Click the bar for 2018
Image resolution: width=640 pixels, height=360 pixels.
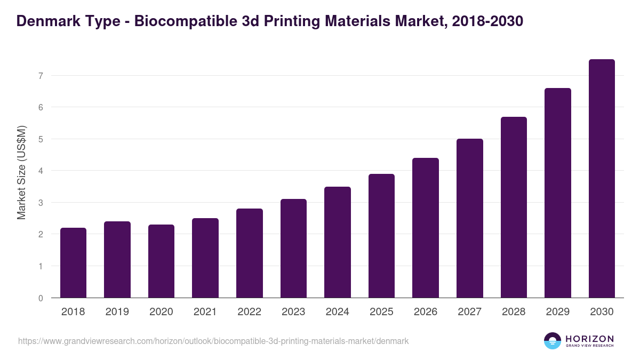(x=73, y=262)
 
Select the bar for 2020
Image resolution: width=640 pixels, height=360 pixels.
(x=161, y=261)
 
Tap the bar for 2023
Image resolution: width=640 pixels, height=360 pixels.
(x=293, y=248)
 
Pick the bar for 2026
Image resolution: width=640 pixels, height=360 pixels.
(x=426, y=228)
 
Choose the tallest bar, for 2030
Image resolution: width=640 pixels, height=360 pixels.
(x=602, y=179)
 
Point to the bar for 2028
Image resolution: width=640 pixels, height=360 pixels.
(x=514, y=207)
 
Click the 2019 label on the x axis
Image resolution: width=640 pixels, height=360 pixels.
(x=117, y=312)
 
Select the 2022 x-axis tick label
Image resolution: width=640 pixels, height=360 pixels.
(x=249, y=312)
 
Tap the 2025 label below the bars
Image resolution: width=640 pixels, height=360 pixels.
(x=381, y=312)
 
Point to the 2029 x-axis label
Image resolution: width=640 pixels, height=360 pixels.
(x=558, y=312)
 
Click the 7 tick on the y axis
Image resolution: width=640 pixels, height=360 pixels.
(x=41, y=76)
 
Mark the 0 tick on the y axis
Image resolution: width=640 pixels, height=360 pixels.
(x=41, y=298)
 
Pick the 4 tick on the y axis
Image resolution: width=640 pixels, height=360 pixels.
(x=41, y=171)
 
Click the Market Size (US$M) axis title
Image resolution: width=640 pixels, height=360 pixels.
(x=21, y=173)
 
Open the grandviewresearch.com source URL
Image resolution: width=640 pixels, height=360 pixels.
(x=213, y=341)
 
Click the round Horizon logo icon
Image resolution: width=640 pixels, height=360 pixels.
(x=553, y=341)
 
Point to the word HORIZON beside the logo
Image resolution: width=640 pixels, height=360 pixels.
(x=589, y=339)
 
